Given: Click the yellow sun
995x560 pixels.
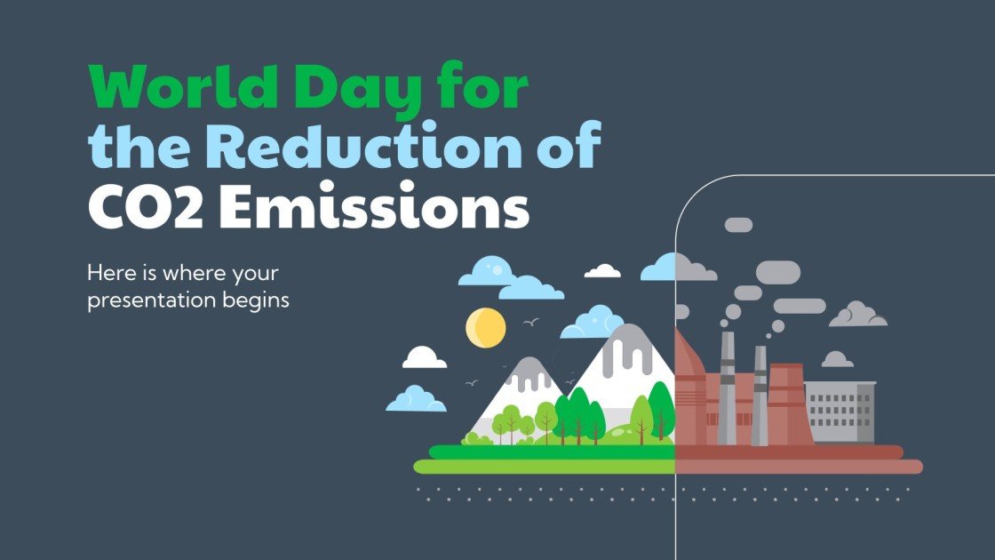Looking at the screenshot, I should (x=485, y=327).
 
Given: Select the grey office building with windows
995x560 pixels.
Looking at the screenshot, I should (x=839, y=412).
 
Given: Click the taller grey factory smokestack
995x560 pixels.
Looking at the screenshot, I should (x=727, y=388).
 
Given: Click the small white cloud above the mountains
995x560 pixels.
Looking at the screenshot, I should (x=603, y=270).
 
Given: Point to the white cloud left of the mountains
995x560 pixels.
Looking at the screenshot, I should (x=425, y=357).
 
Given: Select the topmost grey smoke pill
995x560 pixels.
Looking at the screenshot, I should (x=738, y=225).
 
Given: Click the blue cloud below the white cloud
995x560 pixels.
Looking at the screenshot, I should (x=416, y=398).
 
